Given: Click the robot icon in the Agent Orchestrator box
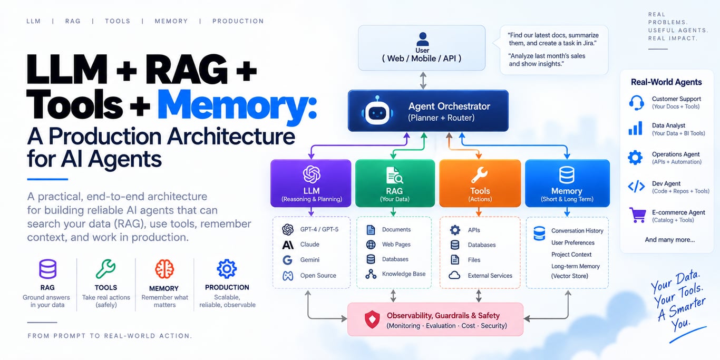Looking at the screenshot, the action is pos(377,111).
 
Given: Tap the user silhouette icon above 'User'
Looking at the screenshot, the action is pos(422,39).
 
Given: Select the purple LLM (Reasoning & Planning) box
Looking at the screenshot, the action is pos(311,183).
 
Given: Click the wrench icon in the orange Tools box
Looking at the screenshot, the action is pos(479,175).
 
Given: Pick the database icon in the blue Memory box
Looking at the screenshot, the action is pos(567,175).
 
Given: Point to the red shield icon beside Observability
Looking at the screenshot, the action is pos(372,319).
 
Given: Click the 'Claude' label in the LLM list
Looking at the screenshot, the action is pos(309,244).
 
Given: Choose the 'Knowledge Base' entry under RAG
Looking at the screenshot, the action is pos(404,274).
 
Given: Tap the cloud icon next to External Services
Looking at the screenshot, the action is pos(454,275).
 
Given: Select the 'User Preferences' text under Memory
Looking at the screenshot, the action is pos(573,242).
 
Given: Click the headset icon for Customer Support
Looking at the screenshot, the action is pos(636,103).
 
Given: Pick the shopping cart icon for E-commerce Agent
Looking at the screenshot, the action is pos(637,215).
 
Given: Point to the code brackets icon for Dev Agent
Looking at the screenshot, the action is pos(636,187).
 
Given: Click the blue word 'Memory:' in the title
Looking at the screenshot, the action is pos(237,105).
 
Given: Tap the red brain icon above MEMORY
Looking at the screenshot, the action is pos(164,269).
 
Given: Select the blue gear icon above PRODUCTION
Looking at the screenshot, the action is pos(227,268).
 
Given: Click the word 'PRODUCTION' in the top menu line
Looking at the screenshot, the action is pos(238,21).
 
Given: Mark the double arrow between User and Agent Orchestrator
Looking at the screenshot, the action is pos(423,80).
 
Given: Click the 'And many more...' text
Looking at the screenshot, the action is pos(670,240).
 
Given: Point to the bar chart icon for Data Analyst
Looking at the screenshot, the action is pos(636,128).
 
